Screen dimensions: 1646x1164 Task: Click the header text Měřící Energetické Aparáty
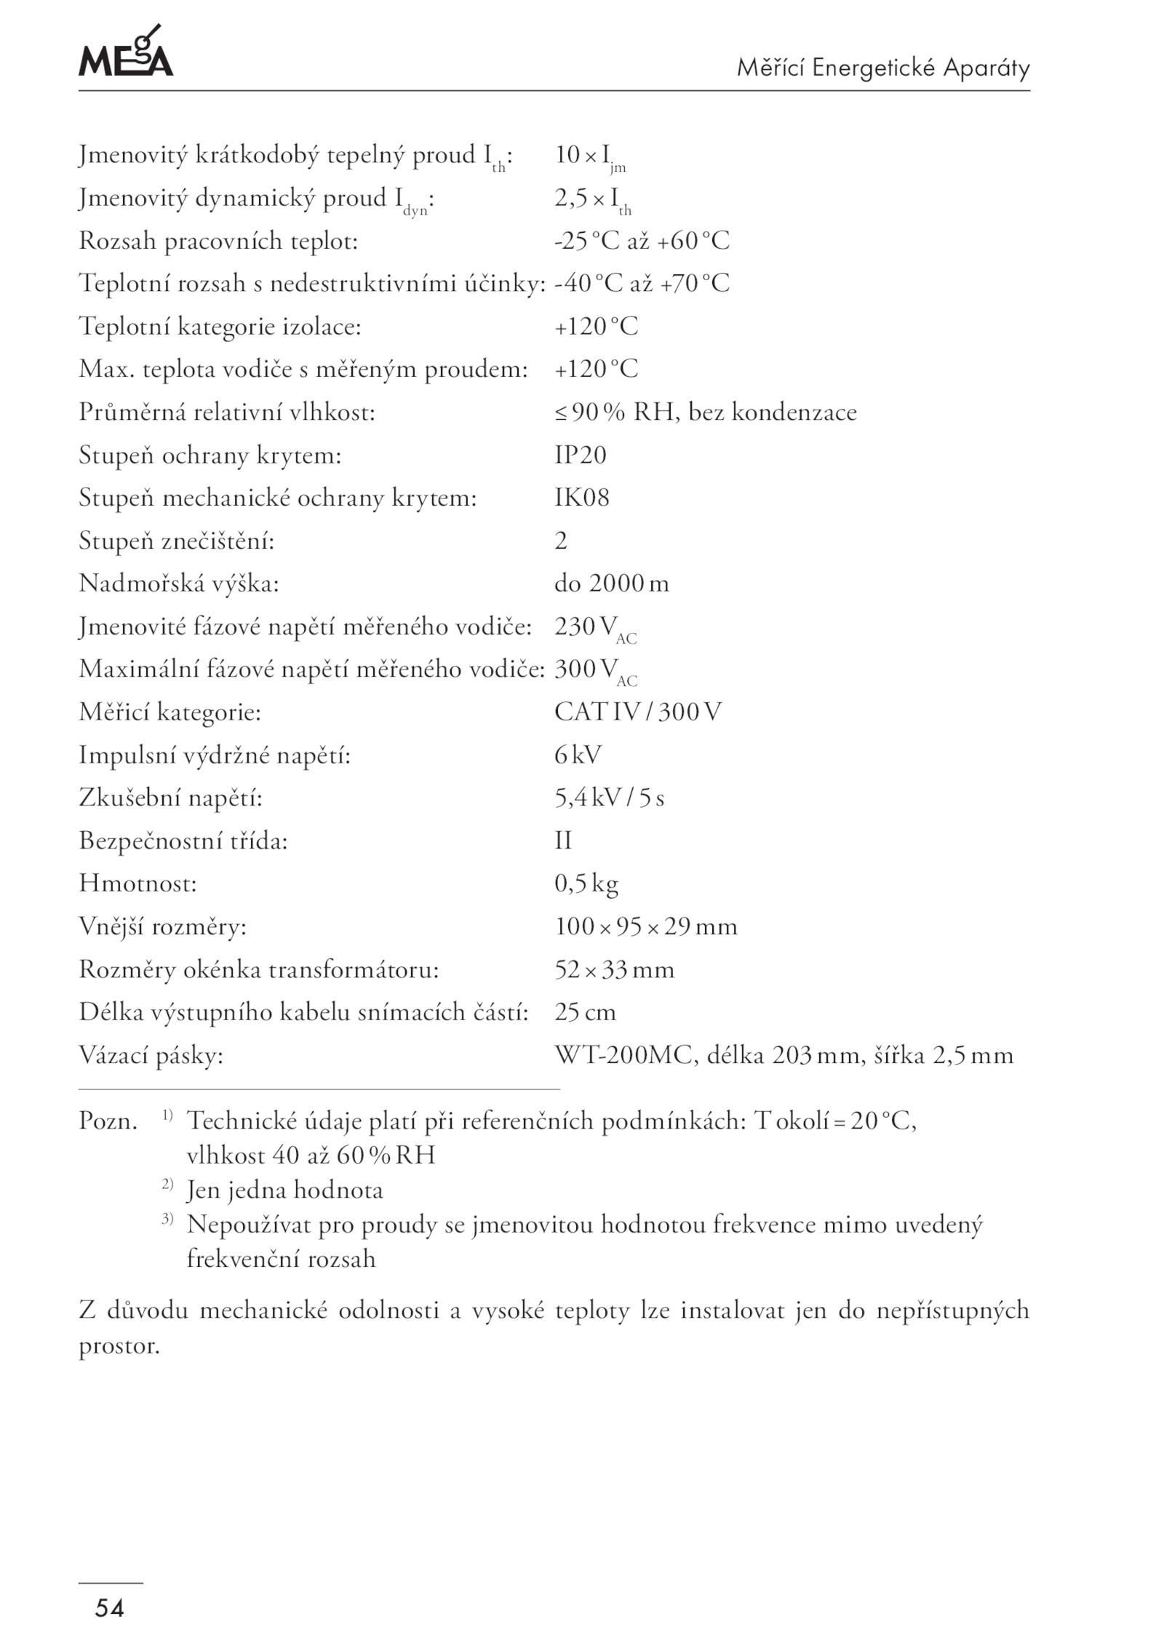tap(883, 68)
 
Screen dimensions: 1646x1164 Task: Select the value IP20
tap(580, 455)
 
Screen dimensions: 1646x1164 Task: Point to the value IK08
tap(581, 498)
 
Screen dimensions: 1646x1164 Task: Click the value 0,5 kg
tap(586, 883)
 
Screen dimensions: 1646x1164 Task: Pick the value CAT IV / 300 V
tap(637, 712)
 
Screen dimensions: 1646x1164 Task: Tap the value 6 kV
tap(578, 755)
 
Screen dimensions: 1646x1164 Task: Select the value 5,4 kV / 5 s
tap(609, 798)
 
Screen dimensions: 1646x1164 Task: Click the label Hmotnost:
tap(137, 884)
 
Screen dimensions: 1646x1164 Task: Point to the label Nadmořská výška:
tap(178, 584)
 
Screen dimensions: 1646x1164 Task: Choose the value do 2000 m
tap(611, 584)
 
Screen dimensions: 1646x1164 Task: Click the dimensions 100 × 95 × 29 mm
tap(645, 926)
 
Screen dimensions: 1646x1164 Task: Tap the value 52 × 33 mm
tap(614, 970)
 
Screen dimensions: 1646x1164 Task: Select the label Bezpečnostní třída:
tap(183, 841)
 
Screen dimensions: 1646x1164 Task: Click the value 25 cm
tap(585, 1012)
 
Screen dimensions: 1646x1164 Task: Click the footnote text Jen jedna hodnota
tap(284, 1190)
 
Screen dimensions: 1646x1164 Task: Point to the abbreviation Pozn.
tap(108, 1121)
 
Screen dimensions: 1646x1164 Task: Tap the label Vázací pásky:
tap(151, 1056)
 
